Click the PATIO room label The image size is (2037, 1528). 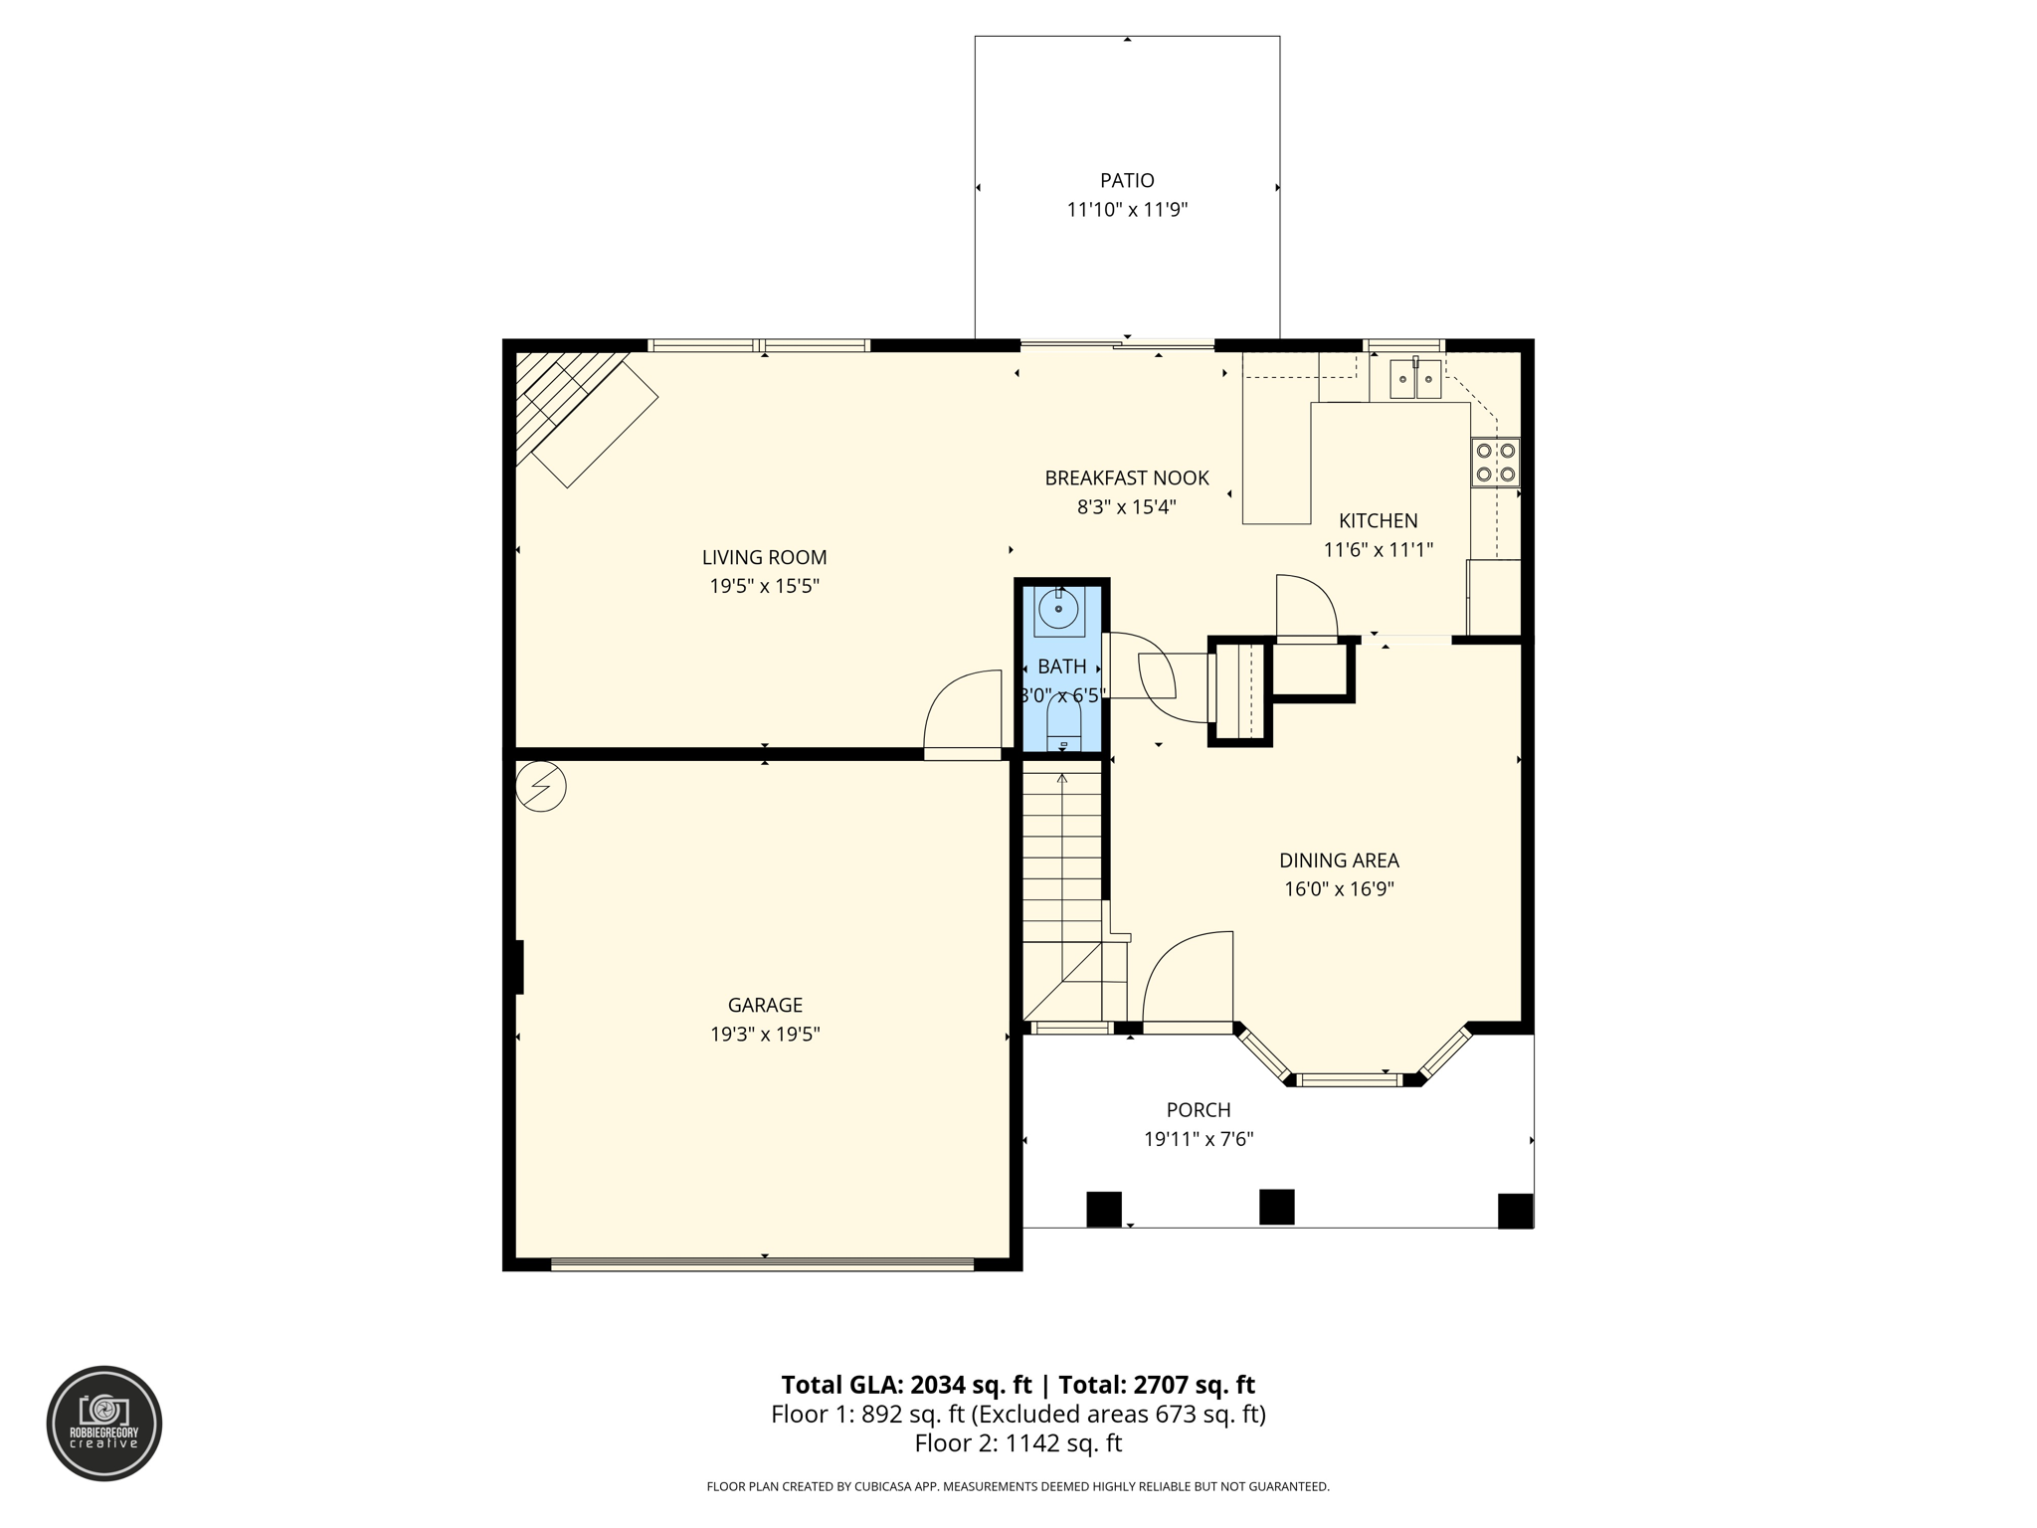(1127, 181)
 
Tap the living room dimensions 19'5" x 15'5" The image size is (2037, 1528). (764, 586)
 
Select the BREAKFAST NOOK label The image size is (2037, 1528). (1127, 478)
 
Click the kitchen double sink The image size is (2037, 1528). (1414, 378)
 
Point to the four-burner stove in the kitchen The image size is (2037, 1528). (1495, 463)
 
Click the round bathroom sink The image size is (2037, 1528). (1059, 609)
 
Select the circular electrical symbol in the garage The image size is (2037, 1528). (541, 787)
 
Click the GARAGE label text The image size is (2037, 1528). (764, 1006)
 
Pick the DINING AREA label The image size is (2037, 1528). (1339, 860)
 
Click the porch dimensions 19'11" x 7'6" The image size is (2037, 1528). (1198, 1139)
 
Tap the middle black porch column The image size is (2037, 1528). (1276, 1207)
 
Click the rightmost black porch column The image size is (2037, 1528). (1515, 1211)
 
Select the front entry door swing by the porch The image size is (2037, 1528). (1189, 979)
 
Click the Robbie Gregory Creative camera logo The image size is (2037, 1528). (104, 1423)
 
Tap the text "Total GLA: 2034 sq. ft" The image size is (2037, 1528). (906, 1385)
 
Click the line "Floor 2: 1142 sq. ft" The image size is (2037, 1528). (1018, 1442)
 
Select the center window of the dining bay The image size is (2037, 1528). (1351, 1079)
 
